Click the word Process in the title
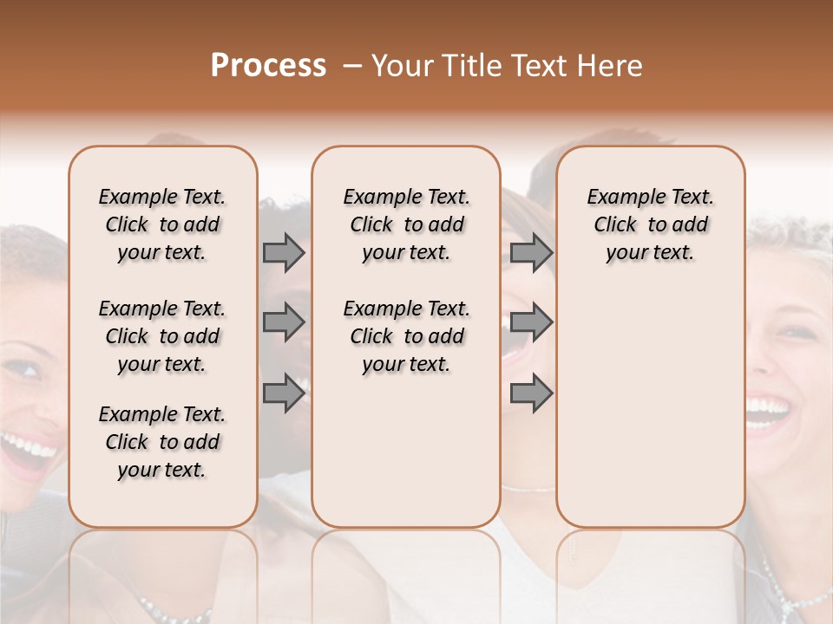coord(268,66)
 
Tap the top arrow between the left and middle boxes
coord(284,253)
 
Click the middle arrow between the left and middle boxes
coord(284,322)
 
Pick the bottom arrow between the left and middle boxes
coord(284,393)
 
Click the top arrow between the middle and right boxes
coord(531,253)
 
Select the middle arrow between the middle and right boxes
coord(531,322)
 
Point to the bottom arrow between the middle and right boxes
coord(531,393)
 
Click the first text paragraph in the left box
coord(162,224)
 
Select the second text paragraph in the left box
coord(162,336)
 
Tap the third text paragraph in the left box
coord(162,442)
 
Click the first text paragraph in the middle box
coord(406,224)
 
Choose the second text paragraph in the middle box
coord(406,336)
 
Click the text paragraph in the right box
coord(650,224)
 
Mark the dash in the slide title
coord(352,66)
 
